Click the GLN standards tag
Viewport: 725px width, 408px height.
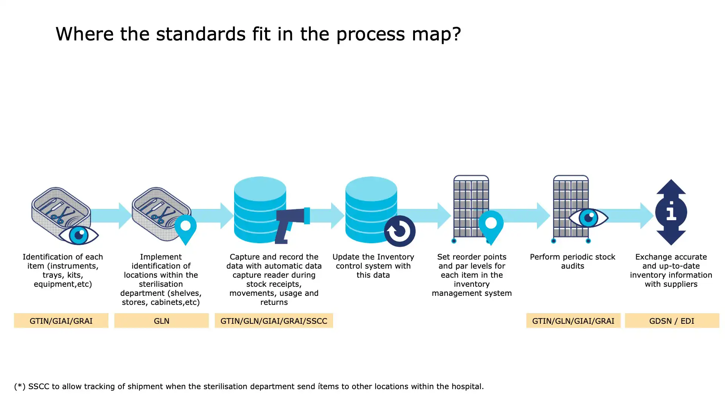[x=161, y=321]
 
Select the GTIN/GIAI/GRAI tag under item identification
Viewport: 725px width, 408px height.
[x=61, y=321]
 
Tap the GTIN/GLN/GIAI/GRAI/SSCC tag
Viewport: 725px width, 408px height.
[x=274, y=321]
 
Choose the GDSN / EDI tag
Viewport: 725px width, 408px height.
[x=671, y=321]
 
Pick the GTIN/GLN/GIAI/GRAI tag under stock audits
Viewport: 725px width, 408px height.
[x=573, y=321]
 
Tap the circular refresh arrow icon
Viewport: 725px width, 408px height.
[x=400, y=231]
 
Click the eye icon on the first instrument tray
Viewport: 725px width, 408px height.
[x=79, y=235]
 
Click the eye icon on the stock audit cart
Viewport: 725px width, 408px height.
[x=588, y=218]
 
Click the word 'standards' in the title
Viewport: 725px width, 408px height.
[x=201, y=34]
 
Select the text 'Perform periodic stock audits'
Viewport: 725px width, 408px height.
[x=572, y=261]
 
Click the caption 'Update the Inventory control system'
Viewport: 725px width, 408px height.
[x=373, y=266]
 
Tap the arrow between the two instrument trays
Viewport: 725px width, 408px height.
[x=111, y=215]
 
